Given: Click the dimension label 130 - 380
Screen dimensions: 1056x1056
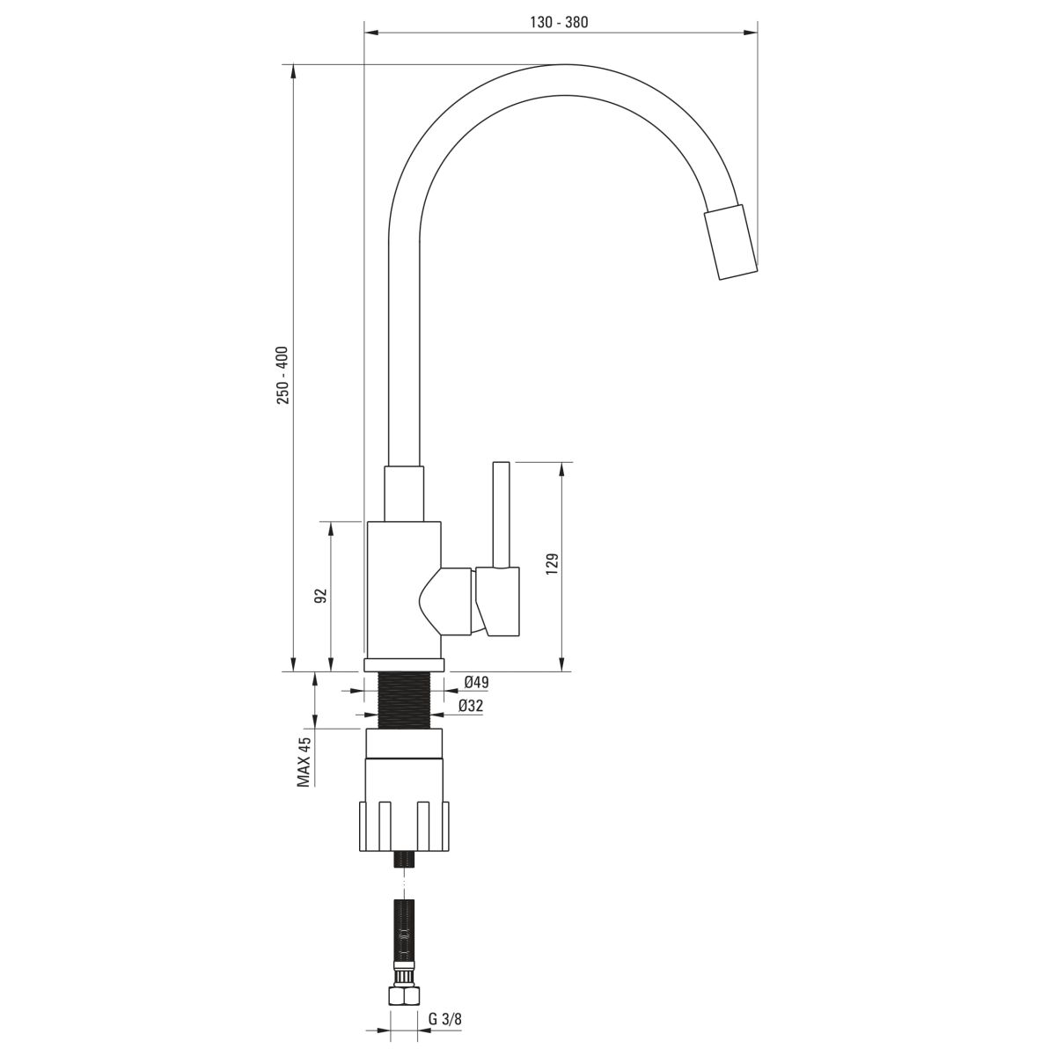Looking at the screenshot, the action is point(559,23).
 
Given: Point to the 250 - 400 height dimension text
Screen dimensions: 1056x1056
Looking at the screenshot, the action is point(282,376).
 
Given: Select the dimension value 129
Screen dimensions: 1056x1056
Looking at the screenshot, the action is point(553,564).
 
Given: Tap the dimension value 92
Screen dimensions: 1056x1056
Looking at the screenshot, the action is point(322,596).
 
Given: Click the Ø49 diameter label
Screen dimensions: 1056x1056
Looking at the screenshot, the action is point(476,682).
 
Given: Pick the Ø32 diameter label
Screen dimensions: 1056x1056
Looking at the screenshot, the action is point(471,707).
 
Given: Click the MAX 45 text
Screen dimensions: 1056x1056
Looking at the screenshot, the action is point(304,762).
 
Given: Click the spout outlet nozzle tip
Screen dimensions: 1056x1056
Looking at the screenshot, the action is point(730,242).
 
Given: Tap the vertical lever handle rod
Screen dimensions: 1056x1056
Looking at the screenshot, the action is point(502,515).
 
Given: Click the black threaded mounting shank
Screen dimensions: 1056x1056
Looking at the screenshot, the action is point(406,700).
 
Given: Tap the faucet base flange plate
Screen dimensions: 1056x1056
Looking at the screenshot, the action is point(404,665).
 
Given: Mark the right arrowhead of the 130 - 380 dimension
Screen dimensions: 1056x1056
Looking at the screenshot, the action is point(751,33).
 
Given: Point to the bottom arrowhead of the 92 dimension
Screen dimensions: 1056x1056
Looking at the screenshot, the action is point(331,664).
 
